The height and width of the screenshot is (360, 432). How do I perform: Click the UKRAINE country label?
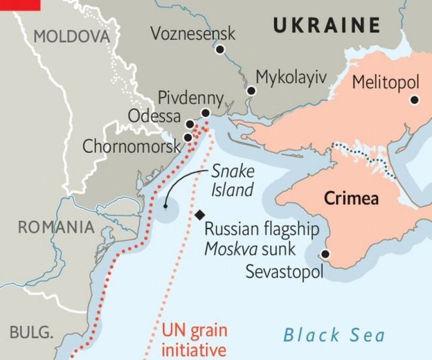tap(326, 25)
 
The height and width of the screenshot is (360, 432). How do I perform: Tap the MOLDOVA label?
tap(71, 37)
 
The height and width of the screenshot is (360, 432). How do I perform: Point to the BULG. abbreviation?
tap(32, 331)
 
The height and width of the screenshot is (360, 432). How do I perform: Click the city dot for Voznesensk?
tap(220, 50)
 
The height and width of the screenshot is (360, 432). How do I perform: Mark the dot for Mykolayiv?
tap(251, 91)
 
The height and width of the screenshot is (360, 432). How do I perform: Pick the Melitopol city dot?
tap(414, 99)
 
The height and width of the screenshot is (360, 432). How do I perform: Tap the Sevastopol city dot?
tap(325, 254)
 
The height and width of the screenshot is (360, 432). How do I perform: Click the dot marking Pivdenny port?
tap(205, 113)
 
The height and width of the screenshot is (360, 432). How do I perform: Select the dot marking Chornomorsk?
tap(187, 137)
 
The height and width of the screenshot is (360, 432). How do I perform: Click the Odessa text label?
tap(154, 116)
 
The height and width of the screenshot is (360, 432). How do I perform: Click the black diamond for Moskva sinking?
tap(200, 215)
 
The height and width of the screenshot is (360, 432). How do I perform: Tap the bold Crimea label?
tap(351, 198)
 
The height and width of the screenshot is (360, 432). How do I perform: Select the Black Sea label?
tap(334, 335)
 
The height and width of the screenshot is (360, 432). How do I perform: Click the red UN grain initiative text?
tap(194, 339)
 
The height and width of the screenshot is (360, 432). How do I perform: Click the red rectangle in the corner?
tap(20, 5)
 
